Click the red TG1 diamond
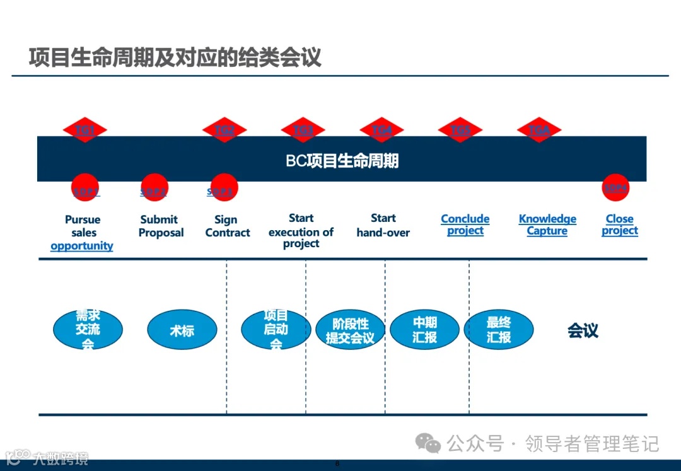(85, 130)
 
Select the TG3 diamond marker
(303, 130)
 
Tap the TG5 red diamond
(460, 130)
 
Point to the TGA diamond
(539, 130)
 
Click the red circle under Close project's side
(615, 187)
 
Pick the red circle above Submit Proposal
(154, 187)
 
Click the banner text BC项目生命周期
(342, 161)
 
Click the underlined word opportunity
(82, 246)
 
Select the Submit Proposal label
(161, 226)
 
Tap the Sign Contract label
(227, 226)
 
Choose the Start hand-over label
(383, 226)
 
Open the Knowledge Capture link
(547, 224)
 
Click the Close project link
(619, 224)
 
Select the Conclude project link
(465, 224)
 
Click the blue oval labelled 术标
(182, 330)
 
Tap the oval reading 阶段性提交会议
(350, 330)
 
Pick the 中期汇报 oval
(424, 329)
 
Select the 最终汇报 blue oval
(499, 329)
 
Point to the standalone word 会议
(583, 330)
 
